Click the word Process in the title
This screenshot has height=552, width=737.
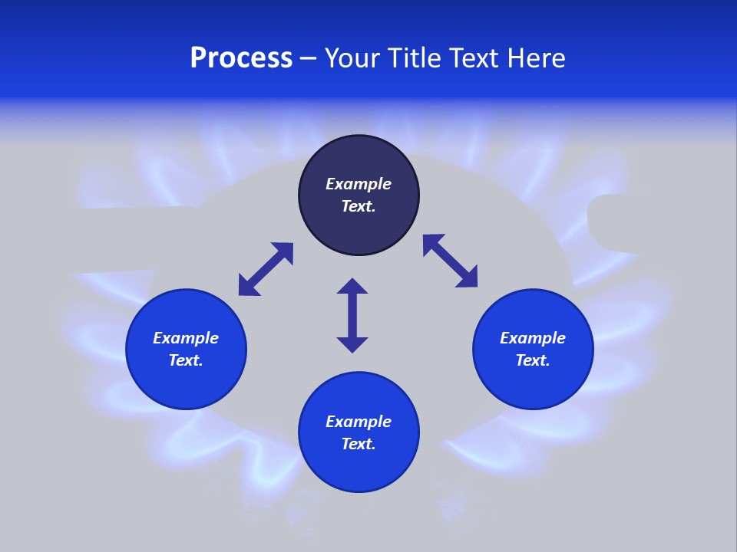coord(241,58)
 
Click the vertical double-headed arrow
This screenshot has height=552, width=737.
coord(352,316)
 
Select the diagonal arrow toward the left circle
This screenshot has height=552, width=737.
coord(266,269)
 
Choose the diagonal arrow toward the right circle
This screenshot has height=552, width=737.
coord(450,261)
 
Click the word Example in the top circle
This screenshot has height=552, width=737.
coord(359,184)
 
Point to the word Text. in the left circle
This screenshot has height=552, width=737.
coord(186,360)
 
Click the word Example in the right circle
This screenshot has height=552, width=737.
coord(533,338)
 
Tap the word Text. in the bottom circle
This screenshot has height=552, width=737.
coord(359,444)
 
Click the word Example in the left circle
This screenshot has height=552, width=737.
coord(186,338)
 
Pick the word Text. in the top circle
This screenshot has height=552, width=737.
coord(359,206)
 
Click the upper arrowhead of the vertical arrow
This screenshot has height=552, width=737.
coord(352,287)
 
